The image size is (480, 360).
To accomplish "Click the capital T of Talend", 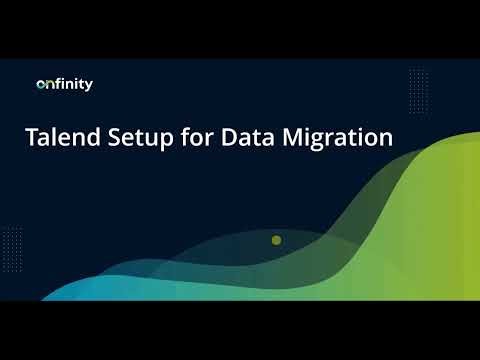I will point(31,138).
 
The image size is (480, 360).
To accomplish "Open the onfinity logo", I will point(64,85).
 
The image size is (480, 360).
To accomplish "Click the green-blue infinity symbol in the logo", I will point(44,86).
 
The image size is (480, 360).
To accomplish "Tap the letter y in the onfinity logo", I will point(89,87).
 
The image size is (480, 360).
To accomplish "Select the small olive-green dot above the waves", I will point(276,240).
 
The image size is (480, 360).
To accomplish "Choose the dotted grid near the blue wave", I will point(13,241).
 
